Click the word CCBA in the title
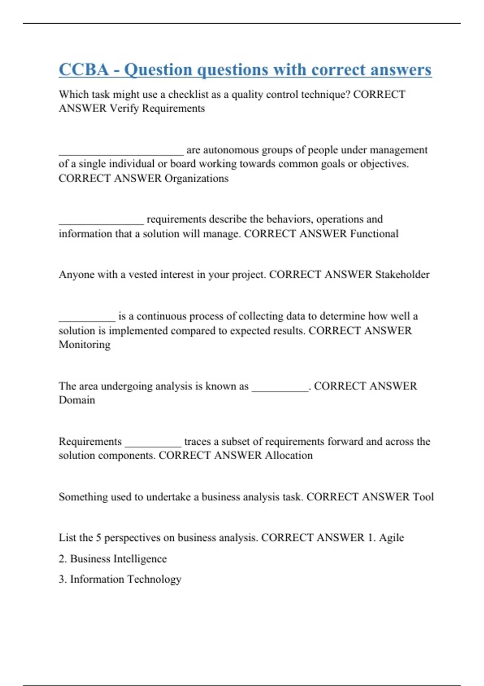pos(83,69)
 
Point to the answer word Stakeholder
pos(402,274)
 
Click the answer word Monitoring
pos(84,345)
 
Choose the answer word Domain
pos(77,400)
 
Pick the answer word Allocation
pos(288,455)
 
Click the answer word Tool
pos(423,497)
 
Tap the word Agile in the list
pos(391,538)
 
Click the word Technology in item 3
pos(154,579)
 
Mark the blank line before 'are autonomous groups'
pos(121,153)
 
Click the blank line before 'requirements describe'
pos(101,222)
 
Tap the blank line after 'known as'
pos(280,389)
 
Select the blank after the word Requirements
pos(153,445)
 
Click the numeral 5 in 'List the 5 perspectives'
pos(98,538)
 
